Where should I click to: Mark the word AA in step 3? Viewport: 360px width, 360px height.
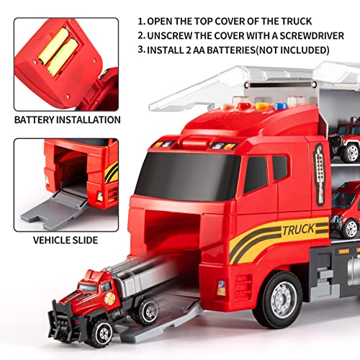(x=207, y=51)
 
